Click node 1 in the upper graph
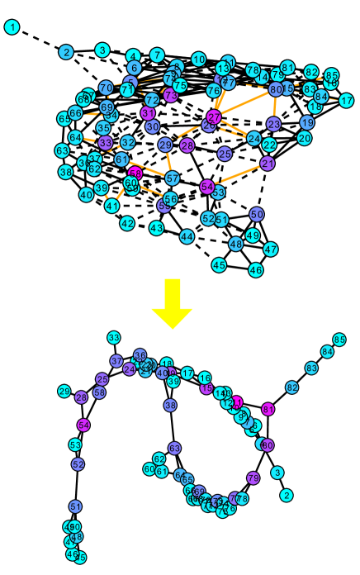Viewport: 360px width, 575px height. [x=12, y=27]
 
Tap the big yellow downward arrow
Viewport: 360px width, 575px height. [x=172, y=303]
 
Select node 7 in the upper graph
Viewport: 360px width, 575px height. [x=157, y=55]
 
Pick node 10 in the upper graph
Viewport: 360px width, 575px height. [x=199, y=59]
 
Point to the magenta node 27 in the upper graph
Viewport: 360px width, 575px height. [x=214, y=117]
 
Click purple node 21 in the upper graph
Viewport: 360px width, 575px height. [x=268, y=164]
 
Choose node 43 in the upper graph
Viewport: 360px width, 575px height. [x=157, y=228]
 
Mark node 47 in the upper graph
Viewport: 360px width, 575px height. [x=271, y=249]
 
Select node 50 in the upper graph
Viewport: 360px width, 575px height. [x=257, y=214]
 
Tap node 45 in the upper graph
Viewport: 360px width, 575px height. [x=219, y=265]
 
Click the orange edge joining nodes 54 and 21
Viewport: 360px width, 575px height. [x=238, y=175]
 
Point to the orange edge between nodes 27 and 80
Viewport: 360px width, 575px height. [x=245, y=103]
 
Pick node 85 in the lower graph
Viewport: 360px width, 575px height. [x=339, y=340]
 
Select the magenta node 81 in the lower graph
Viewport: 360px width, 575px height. [x=268, y=409]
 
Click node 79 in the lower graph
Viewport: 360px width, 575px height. [x=253, y=478]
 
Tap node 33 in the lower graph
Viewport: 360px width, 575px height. [x=114, y=338]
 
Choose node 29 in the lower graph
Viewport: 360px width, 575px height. [x=64, y=392]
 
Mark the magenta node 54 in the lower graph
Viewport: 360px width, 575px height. [x=83, y=425]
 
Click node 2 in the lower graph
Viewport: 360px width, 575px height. [x=287, y=496]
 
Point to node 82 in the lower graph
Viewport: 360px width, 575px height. [x=292, y=387]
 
